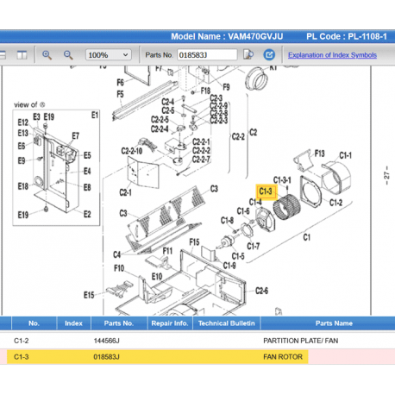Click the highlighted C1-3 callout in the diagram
pyautogui.click(x=266, y=191)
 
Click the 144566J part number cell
pyautogui.click(x=107, y=341)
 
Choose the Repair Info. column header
pyautogui.click(x=169, y=323)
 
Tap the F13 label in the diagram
pyautogui.click(x=319, y=153)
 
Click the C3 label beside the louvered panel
pyautogui.click(x=123, y=212)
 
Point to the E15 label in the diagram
pyautogui.click(x=89, y=295)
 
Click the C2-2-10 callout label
pyautogui.click(x=131, y=150)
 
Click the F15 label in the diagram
pyautogui.click(x=195, y=242)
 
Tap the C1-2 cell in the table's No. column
pyautogui.click(x=22, y=341)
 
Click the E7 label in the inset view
pyautogui.click(x=75, y=135)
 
